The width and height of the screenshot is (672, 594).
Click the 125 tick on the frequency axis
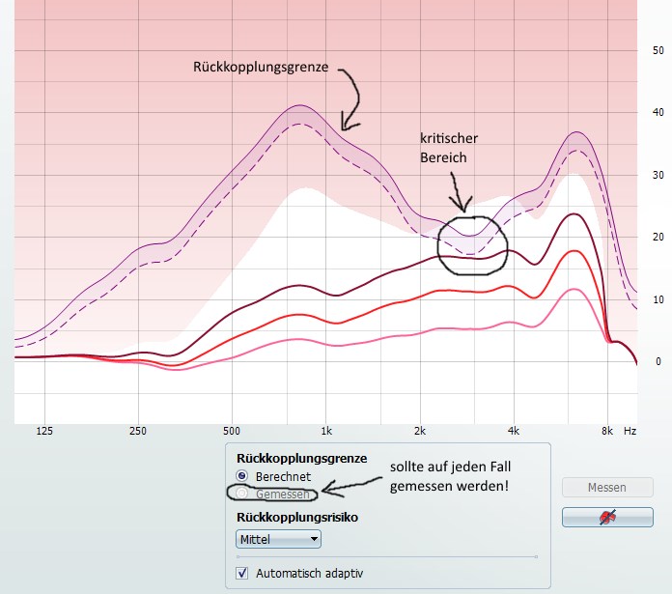click(x=44, y=431)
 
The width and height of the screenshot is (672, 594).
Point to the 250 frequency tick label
click(x=137, y=431)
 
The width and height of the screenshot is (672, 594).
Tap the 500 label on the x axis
click(x=231, y=431)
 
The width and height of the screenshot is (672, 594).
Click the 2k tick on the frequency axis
click(x=420, y=431)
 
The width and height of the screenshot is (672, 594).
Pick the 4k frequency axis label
click(x=514, y=431)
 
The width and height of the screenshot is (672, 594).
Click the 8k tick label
click(x=606, y=431)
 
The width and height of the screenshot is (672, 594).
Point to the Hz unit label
click(x=630, y=431)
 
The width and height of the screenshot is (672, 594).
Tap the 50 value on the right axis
click(x=658, y=49)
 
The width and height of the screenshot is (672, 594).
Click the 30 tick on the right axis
click(x=658, y=175)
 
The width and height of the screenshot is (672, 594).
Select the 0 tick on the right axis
click(x=658, y=361)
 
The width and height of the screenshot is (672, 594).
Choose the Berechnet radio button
click(x=242, y=477)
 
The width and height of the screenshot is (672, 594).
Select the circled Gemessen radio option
click(x=242, y=494)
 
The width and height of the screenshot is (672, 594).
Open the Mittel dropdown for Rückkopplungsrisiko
click(x=278, y=539)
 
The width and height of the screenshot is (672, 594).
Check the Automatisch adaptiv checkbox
click(x=242, y=573)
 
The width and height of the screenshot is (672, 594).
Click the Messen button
click(x=606, y=488)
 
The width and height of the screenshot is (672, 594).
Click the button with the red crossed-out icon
click(x=606, y=518)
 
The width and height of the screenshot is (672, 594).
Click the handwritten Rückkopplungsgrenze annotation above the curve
click(x=262, y=68)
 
